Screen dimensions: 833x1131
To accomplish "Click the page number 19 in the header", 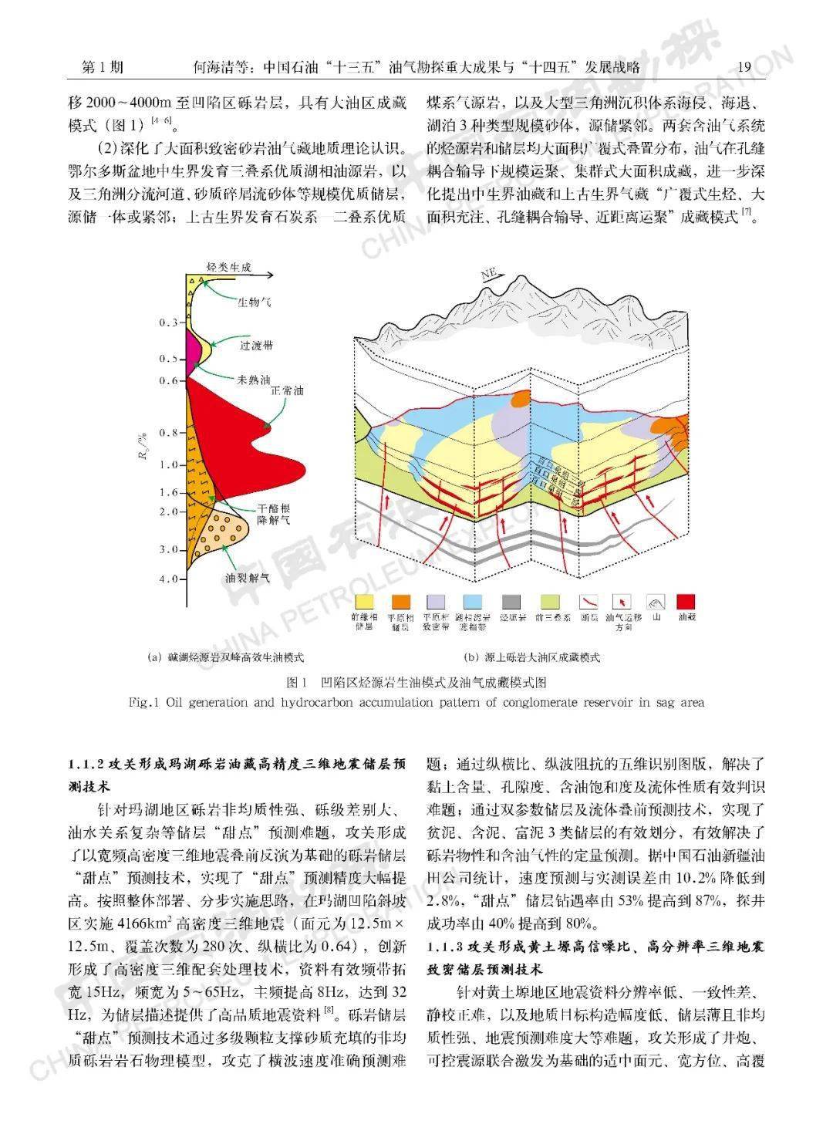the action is tap(744, 67).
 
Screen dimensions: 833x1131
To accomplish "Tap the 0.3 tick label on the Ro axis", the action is tap(168, 322).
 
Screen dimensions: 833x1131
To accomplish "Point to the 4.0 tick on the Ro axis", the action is tap(168, 579).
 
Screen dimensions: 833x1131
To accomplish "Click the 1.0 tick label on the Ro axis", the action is tap(168, 465).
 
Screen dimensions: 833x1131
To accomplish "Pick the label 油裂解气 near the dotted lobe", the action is tap(243, 576).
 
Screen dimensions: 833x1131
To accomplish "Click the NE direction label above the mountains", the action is tap(488, 274).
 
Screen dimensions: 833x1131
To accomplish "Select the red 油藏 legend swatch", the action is tap(686, 603).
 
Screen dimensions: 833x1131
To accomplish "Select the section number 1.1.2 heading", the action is tap(84, 765).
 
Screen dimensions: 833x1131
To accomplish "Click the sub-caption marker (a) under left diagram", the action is tap(153, 658).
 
